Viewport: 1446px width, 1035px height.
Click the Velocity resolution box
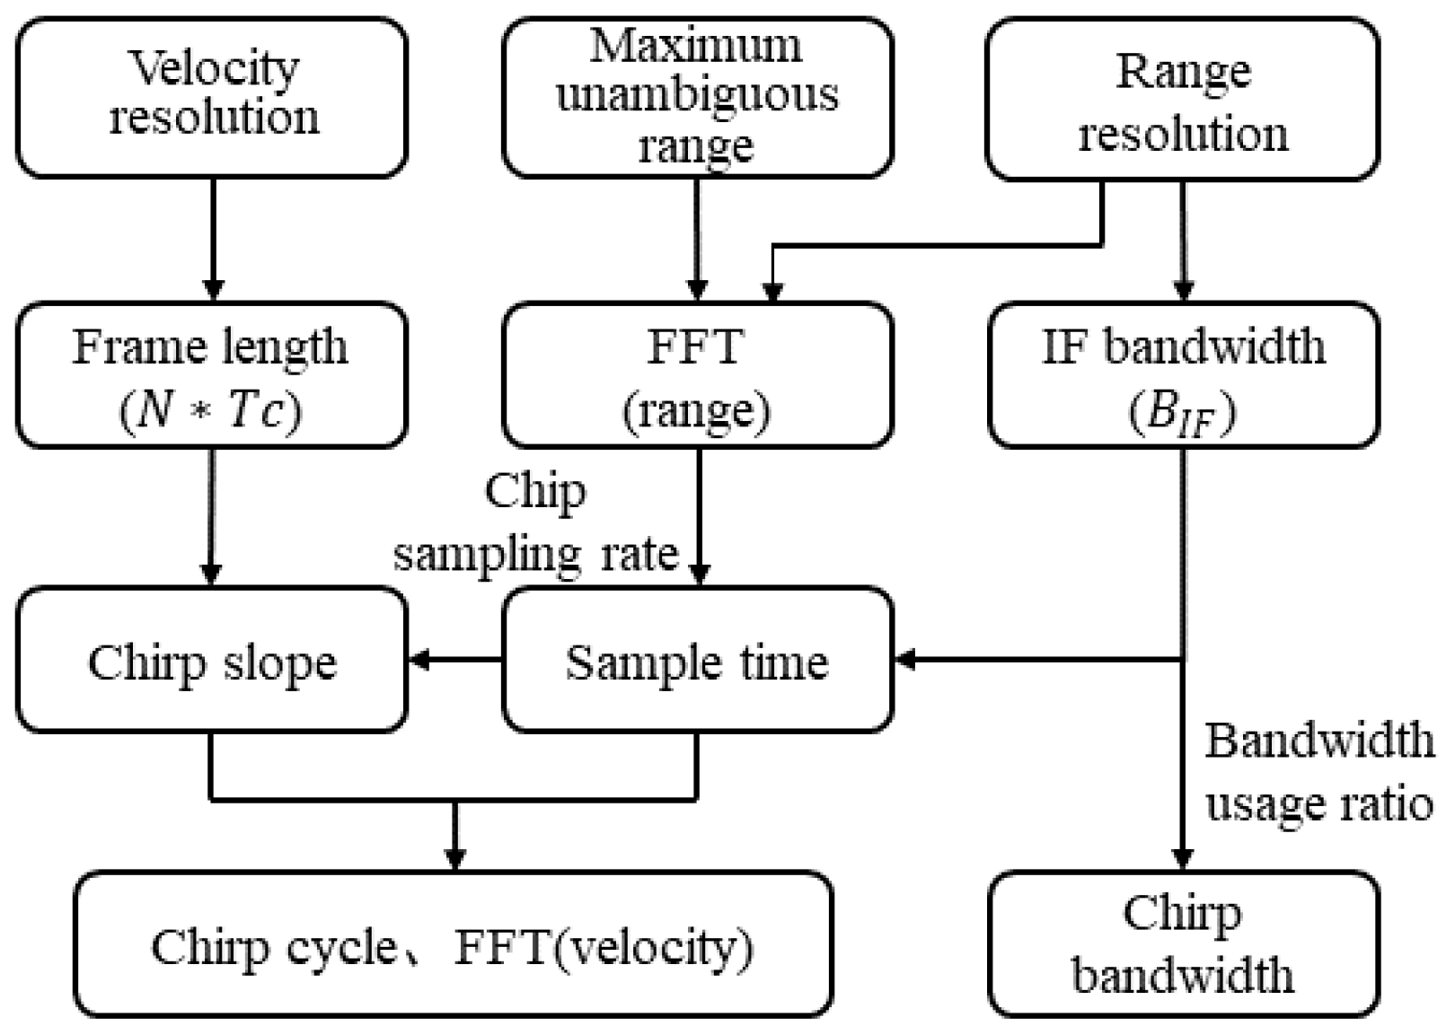(212, 97)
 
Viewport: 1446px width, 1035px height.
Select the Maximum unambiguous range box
(697, 97)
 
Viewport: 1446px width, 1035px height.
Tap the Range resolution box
(1182, 99)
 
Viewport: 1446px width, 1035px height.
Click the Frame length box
(212, 374)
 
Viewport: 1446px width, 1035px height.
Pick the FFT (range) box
(697, 374)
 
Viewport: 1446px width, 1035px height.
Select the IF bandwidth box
(1182, 374)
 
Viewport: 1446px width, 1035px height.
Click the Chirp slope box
(212, 662)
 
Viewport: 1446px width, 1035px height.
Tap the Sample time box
(697, 662)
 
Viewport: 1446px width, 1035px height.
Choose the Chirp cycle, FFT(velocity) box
(453, 945)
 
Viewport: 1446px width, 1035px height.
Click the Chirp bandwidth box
(1182, 944)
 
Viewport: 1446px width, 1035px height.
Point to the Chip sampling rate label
(535, 522)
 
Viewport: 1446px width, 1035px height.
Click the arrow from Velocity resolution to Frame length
(213, 238)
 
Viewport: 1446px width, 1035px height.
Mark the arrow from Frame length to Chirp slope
(212, 516)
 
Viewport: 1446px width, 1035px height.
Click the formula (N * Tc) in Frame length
(210, 411)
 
